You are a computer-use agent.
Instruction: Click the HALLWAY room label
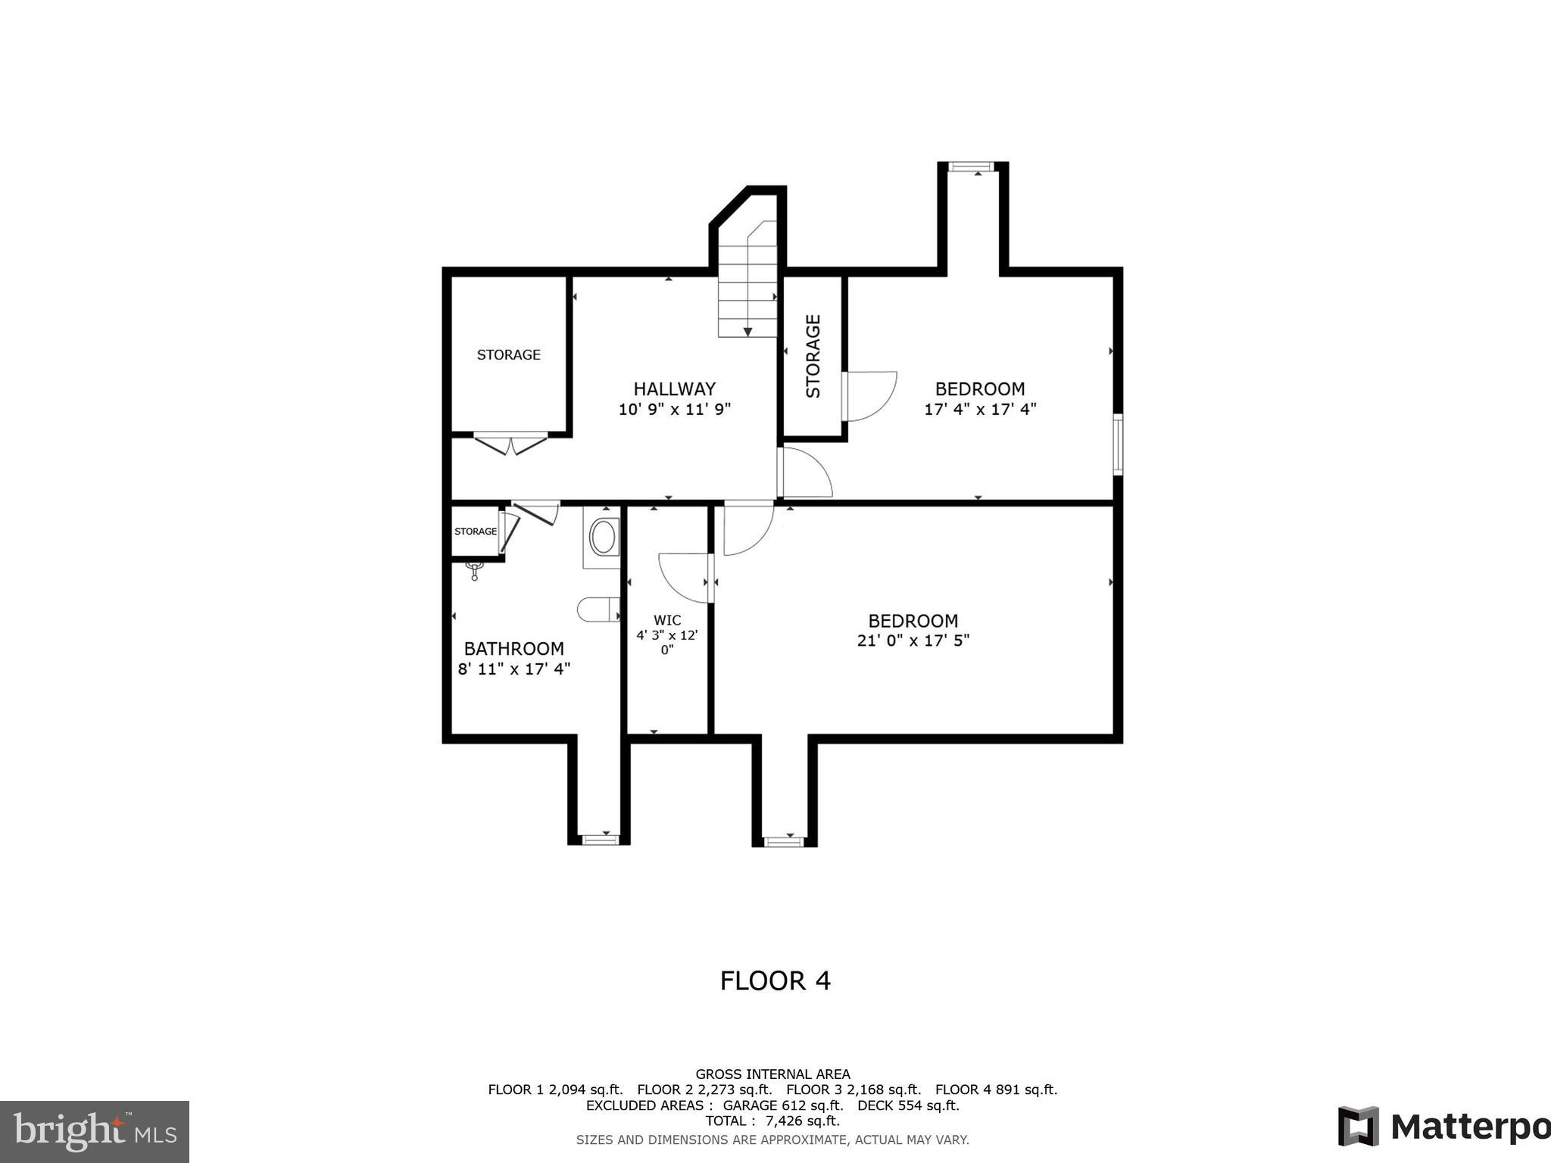pyautogui.click(x=674, y=389)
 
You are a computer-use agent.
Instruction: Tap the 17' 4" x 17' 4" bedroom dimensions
pyautogui.click(x=980, y=410)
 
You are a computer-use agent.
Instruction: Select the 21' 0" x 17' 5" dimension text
pyautogui.click(x=913, y=641)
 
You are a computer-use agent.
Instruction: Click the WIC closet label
pyautogui.click(x=667, y=620)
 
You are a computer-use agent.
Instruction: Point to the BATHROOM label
pyautogui.click(x=513, y=649)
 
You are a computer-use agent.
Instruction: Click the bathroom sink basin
pyautogui.click(x=603, y=537)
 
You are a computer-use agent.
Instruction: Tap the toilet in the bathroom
pyautogui.click(x=598, y=610)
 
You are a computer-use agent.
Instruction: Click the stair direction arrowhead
pyautogui.click(x=747, y=332)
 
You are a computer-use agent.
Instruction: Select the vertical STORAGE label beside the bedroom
pyautogui.click(x=813, y=356)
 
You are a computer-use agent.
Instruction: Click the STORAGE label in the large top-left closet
pyautogui.click(x=508, y=354)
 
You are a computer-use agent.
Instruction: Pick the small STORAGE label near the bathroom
pyautogui.click(x=476, y=532)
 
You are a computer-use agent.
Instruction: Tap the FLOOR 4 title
pyautogui.click(x=775, y=981)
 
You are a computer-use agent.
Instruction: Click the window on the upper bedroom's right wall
pyautogui.click(x=1117, y=444)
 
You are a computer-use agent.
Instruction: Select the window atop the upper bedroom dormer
pyautogui.click(x=972, y=167)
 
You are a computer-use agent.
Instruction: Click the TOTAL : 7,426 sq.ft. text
pyautogui.click(x=772, y=1121)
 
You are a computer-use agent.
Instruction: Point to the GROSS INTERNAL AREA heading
pyautogui.click(x=772, y=1074)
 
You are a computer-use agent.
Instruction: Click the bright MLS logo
pyautogui.click(x=95, y=1132)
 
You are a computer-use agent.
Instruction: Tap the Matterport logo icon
pyautogui.click(x=1358, y=1126)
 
